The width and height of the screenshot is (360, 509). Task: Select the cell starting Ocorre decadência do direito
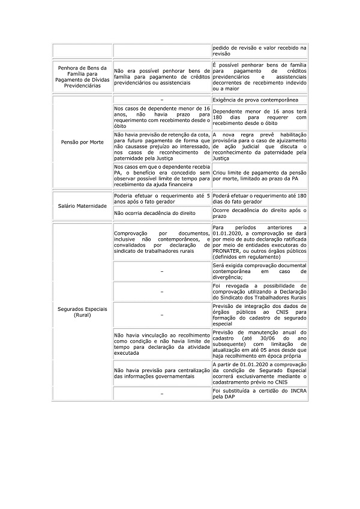(x=259, y=212)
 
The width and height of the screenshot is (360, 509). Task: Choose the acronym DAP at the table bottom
(x=233, y=396)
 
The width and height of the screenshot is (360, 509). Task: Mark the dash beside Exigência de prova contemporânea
(x=162, y=99)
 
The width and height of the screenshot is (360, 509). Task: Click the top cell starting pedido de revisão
(x=259, y=50)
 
